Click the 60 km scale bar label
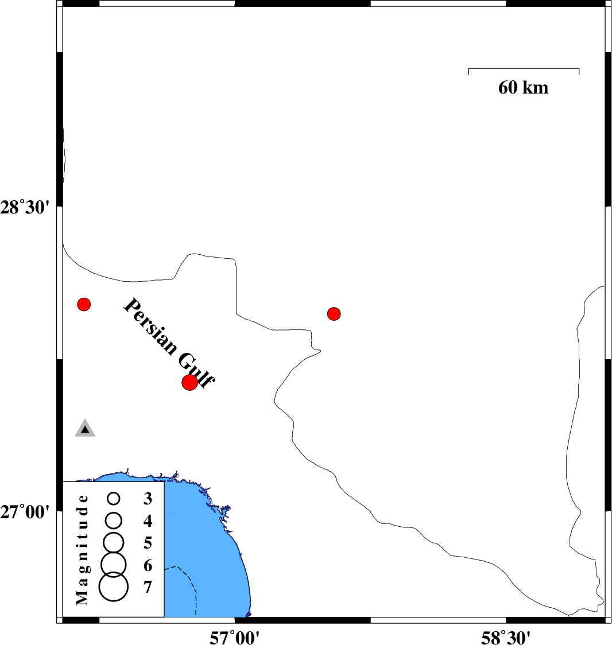click(523, 88)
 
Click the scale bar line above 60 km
click(524, 69)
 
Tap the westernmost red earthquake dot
click(84, 304)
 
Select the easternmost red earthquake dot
click(334, 314)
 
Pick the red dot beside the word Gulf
click(189, 383)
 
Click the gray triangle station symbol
click(85, 429)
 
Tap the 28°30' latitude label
click(25, 207)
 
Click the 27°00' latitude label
click(25, 512)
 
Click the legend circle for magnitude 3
click(114, 499)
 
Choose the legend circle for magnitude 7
click(114, 586)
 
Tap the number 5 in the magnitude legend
click(148, 543)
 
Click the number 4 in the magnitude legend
click(148, 521)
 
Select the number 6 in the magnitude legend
click(148, 566)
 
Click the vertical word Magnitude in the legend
click(82, 550)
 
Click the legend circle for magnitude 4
click(114, 521)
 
